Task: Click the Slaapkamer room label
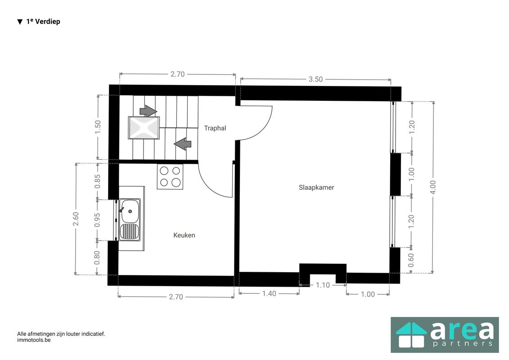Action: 316,187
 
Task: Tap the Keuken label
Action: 184,235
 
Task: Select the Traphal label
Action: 215,128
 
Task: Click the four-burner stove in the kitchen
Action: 170,176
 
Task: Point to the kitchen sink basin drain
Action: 130,211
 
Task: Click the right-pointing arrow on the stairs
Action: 148,111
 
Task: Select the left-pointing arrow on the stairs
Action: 183,144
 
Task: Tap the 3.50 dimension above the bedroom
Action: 315,79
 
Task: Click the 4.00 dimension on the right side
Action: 432,187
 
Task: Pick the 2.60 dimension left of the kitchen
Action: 76,219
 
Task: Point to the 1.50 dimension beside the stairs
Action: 98,127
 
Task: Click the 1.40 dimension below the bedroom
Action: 269,293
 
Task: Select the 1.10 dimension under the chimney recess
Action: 323,285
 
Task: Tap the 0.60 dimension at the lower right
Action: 411,260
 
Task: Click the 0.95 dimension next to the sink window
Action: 97,220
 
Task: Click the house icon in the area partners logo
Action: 411,335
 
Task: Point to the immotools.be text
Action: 34,340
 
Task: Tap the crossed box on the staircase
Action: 144,127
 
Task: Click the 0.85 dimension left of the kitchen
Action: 97,181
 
